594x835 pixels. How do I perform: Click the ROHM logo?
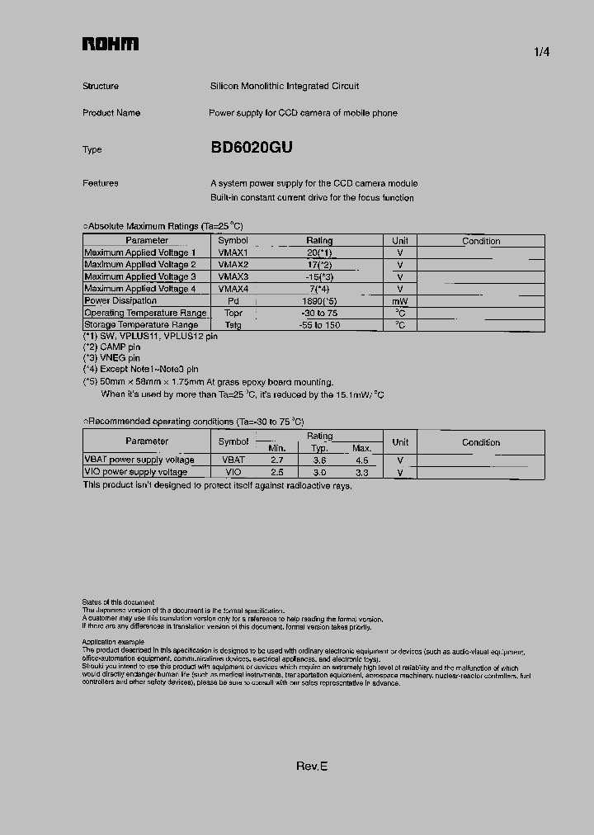tap(110, 45)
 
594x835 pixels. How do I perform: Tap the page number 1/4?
tap(541, 52)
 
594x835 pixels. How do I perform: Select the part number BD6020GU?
tap(252, 149)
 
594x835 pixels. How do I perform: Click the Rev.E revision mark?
tap(312, 767)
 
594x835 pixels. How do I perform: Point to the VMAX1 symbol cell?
tap(233, 252)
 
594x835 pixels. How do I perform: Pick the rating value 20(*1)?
tap(319, 252)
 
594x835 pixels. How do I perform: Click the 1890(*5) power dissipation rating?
tap(319, 301)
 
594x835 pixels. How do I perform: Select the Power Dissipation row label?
tap(120, 301)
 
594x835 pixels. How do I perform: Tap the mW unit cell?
tap(400, 301)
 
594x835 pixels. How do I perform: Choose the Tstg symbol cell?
tap(233, 325)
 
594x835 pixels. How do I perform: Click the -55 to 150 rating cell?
tap(319, 325)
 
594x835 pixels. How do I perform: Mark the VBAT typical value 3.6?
tap(319, 460)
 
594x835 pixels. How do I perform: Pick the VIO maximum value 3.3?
tap(361, 472)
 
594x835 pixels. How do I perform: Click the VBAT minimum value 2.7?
tap(277, 460)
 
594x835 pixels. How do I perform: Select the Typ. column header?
tap(319, 448)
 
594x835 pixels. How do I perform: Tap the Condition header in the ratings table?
tap(481, 241)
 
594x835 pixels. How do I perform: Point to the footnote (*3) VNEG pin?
tap(111, 358)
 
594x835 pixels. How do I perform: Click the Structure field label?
tap(101, 87)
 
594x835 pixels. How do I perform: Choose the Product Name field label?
tap(111, 113)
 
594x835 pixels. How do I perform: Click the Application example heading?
tap(113, 642)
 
